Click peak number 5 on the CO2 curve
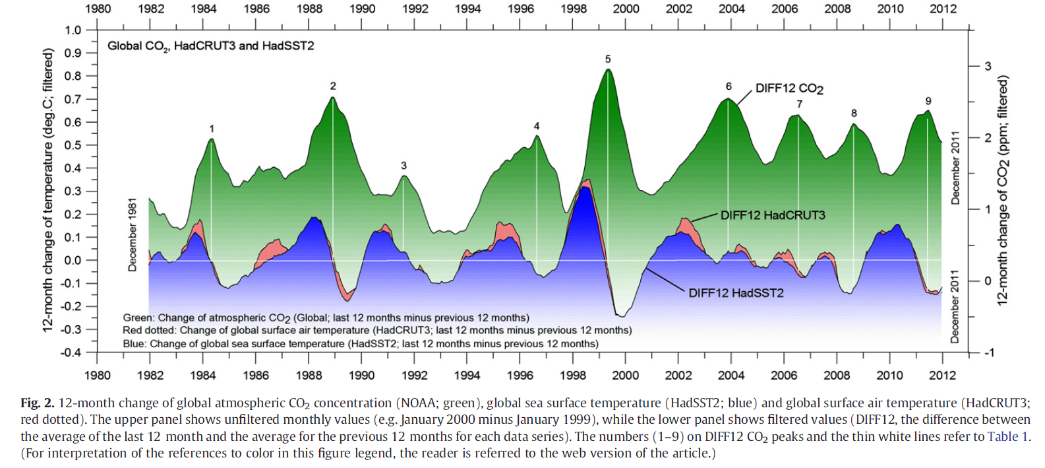(608, 59)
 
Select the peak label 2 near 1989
(333, 86)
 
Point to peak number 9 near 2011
(928, 101)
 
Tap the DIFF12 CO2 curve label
(789, 88)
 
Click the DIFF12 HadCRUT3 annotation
(773, 215)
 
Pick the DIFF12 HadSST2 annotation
(736, 293)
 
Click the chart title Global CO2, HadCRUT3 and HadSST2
(211, 46)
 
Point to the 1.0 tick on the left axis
(73, 30)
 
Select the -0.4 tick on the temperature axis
(71, 352)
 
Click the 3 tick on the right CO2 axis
(988, 66)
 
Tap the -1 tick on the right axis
(988, 352)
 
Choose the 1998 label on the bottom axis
(572, 376)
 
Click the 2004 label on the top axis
(731, 9)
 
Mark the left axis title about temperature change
(48, 190)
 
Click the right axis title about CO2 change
(1003, 190)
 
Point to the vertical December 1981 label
(133, 234)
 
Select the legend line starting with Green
(326, 318)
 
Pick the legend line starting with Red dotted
(377, 331)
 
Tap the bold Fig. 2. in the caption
(38, 403)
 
